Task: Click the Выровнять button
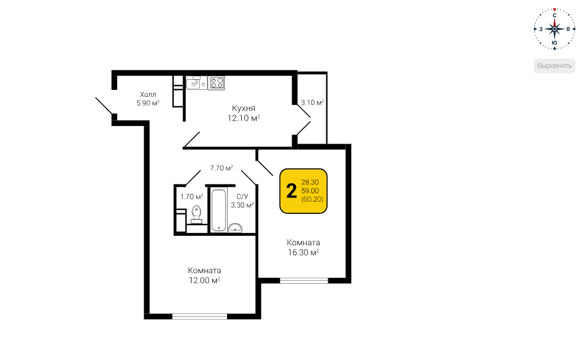[555, 66]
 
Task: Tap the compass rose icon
[555, 29]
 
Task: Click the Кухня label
[244, 108]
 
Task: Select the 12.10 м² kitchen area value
[244, 118]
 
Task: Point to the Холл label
[148, 95]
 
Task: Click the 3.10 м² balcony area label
[312, 102]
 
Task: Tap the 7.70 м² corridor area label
[222, 168]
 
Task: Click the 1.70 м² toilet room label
[192, 196]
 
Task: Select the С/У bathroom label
[242, 196]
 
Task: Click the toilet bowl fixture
[196, 215]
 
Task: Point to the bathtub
[219, 210]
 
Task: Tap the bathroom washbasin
[235, 228]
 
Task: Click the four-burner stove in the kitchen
[216, 83]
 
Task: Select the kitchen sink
[196, 83]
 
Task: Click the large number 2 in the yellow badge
[291, 191]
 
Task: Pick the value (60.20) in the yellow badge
[312, 199]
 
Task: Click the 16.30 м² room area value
[303, 252]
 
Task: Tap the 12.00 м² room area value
[205, 280]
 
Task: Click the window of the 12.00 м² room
[200, 316]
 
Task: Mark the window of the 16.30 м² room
[304, 281]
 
